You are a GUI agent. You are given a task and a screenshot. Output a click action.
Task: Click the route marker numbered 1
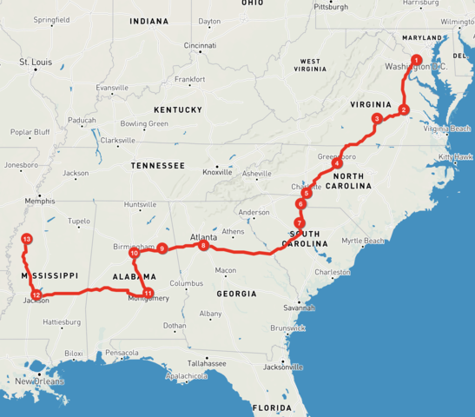pos(417,59)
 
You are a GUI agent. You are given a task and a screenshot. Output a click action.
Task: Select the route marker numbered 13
pos(27,238)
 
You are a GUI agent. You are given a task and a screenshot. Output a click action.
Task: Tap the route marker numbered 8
pos(203,246)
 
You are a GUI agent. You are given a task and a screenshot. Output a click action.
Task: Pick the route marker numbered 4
pos(336,163)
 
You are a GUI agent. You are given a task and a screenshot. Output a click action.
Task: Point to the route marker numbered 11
pos(148,293)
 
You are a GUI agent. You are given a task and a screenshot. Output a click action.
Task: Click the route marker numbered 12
pos(36,295)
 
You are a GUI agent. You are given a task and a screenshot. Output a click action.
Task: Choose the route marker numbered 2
pos(404,109)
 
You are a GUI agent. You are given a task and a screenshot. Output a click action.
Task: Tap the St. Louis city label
pos(36,63)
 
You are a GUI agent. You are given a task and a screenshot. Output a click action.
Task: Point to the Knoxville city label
pos(217,172)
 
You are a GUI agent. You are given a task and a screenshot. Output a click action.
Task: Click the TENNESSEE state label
pos(157,165)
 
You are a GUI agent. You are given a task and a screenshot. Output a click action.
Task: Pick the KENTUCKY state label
pos(177,109)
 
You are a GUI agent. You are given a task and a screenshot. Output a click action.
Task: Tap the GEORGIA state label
pos(236,294)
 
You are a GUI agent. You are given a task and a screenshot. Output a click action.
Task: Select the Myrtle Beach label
pos(363,241)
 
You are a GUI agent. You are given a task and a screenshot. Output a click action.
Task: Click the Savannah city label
pos(297,308)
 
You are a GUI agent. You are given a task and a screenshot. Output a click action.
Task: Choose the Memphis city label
pos(40,201)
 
